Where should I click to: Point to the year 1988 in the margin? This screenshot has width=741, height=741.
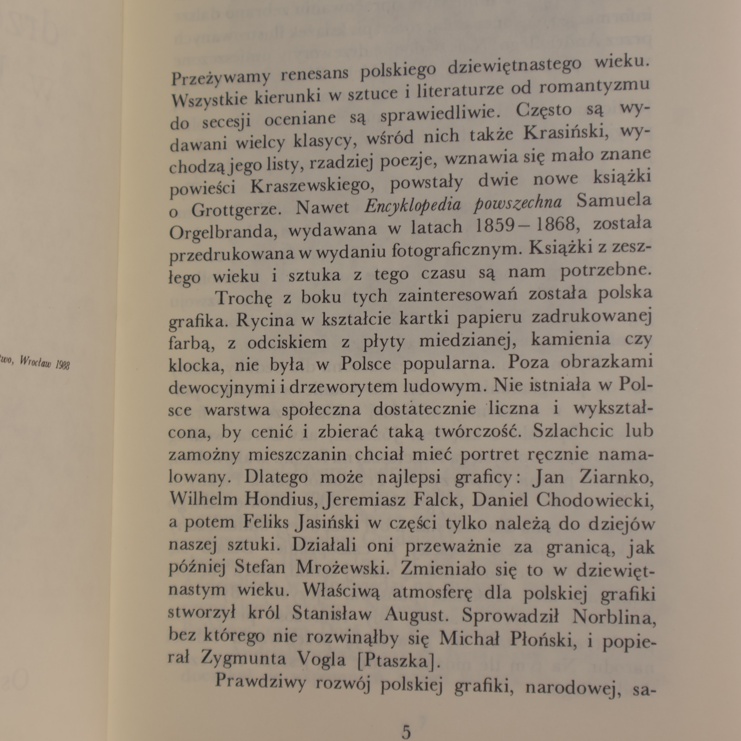point(62,365)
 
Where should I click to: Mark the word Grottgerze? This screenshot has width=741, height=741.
point(236,210)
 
